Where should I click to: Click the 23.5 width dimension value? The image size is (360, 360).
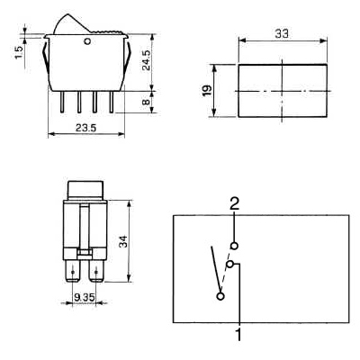tap(85, 128)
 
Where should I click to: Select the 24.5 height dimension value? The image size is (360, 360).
tap(147, 60)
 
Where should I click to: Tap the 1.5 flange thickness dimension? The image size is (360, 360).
tap(19, 52)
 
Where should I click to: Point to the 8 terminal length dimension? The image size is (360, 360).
tap(146, 102)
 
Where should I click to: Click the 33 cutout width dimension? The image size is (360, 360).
tap(282, 34)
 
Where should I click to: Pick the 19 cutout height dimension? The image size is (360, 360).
tap(207, 90)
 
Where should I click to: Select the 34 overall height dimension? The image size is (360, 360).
tap(123, 242)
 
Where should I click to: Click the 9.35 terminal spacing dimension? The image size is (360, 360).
tap(85, 298)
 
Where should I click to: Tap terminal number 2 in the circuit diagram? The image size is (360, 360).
tap(234, 204)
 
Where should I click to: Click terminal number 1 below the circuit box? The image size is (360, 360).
tap(238, 334)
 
